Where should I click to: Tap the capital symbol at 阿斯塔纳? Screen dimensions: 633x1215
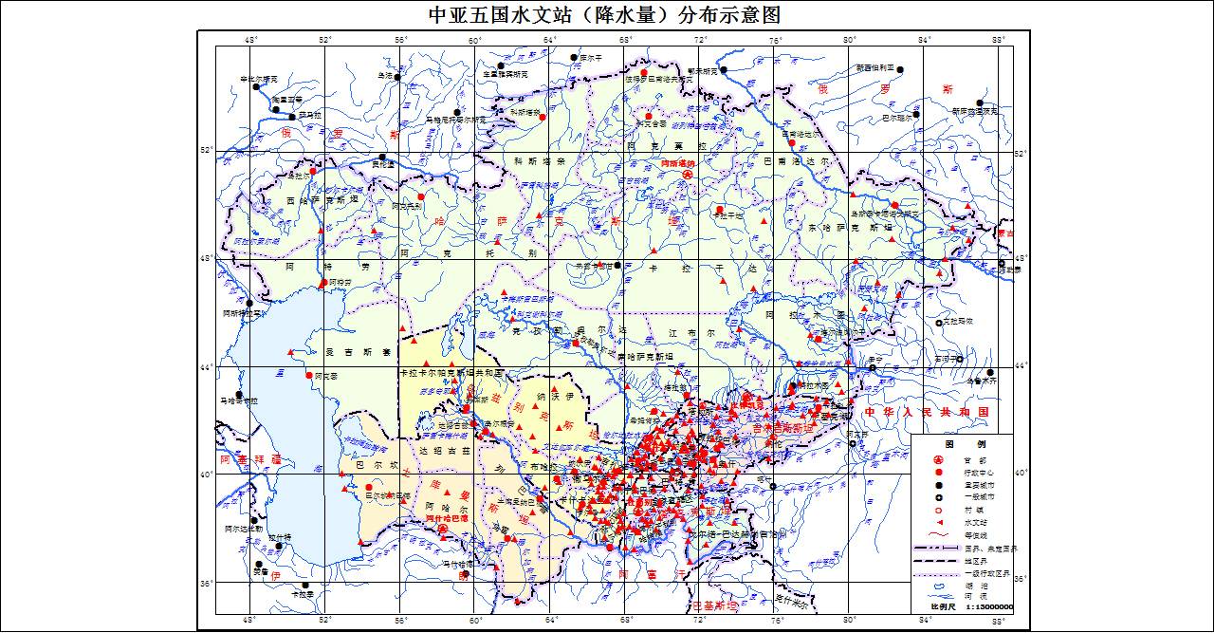click(690, 175)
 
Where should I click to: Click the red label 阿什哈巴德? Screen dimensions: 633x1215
click(446, 519)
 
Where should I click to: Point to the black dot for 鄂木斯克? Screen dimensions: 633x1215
click(723, 70)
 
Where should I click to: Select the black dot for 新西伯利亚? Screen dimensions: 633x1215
click(900, 69)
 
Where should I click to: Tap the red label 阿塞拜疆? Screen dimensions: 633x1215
click(250, 459)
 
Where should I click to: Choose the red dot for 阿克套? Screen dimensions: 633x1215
click(309, 375)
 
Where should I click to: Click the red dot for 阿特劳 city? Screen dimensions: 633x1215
click(323, 283)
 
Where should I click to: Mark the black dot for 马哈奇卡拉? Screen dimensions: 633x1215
click(240, 395)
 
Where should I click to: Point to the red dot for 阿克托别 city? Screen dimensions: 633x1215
click(420, 197)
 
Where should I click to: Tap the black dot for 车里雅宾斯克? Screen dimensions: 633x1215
click(500, 66)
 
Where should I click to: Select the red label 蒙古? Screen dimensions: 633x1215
click(1007, 233)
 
